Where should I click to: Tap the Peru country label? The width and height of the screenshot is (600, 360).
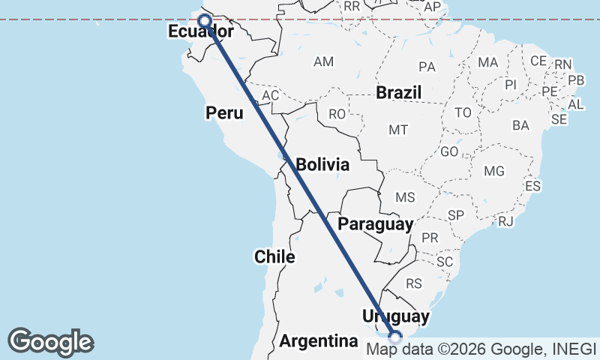pyautogui.click(x=224, y=113)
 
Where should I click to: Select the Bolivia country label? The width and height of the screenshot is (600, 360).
pyautogui.click(x=322, y=164)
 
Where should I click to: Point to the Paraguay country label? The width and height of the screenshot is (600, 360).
pyautogui.click(x=376, y=224)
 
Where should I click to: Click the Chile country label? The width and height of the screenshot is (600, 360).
pyautogui.click(x=274, y=256)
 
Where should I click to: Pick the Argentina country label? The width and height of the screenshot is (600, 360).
pyautogui.click(x=319, y=341)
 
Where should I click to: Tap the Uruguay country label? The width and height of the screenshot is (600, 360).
pyautogui.click(x=395, y=316)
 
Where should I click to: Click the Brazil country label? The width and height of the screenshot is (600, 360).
pyautogui.click(x=399, y=93)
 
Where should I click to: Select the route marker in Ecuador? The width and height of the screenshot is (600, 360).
pyautogui.click(x=204, y=20)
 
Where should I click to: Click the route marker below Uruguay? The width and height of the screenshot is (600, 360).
pyautogui.click(x=395, y=337)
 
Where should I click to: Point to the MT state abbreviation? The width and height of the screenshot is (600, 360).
pyautogui.click(x=398, y=130)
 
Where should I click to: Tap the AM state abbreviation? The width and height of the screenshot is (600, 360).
pyautogui.click(x=324, y=61)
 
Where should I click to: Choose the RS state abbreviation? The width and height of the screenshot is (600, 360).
pyautogui.click(x=415, y=283)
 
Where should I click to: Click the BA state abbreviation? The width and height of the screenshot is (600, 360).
pyautogui.click(x=520, y=125)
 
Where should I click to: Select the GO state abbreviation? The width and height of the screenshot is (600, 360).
pyautogui.click(x=450, y=151)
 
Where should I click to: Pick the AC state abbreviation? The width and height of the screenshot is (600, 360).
pyautogui.click(x=270, y=95)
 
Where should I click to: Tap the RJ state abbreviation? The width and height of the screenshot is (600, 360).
pyautogui.click(x=505, y=221)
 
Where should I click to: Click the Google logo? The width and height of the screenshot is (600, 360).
pyautogui.click(x=51, y=341)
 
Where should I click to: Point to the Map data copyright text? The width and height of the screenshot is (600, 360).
pyautogui.click(x=481, y=349)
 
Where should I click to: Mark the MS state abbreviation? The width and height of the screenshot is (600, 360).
pyautogui.click(x=405, y=197)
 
